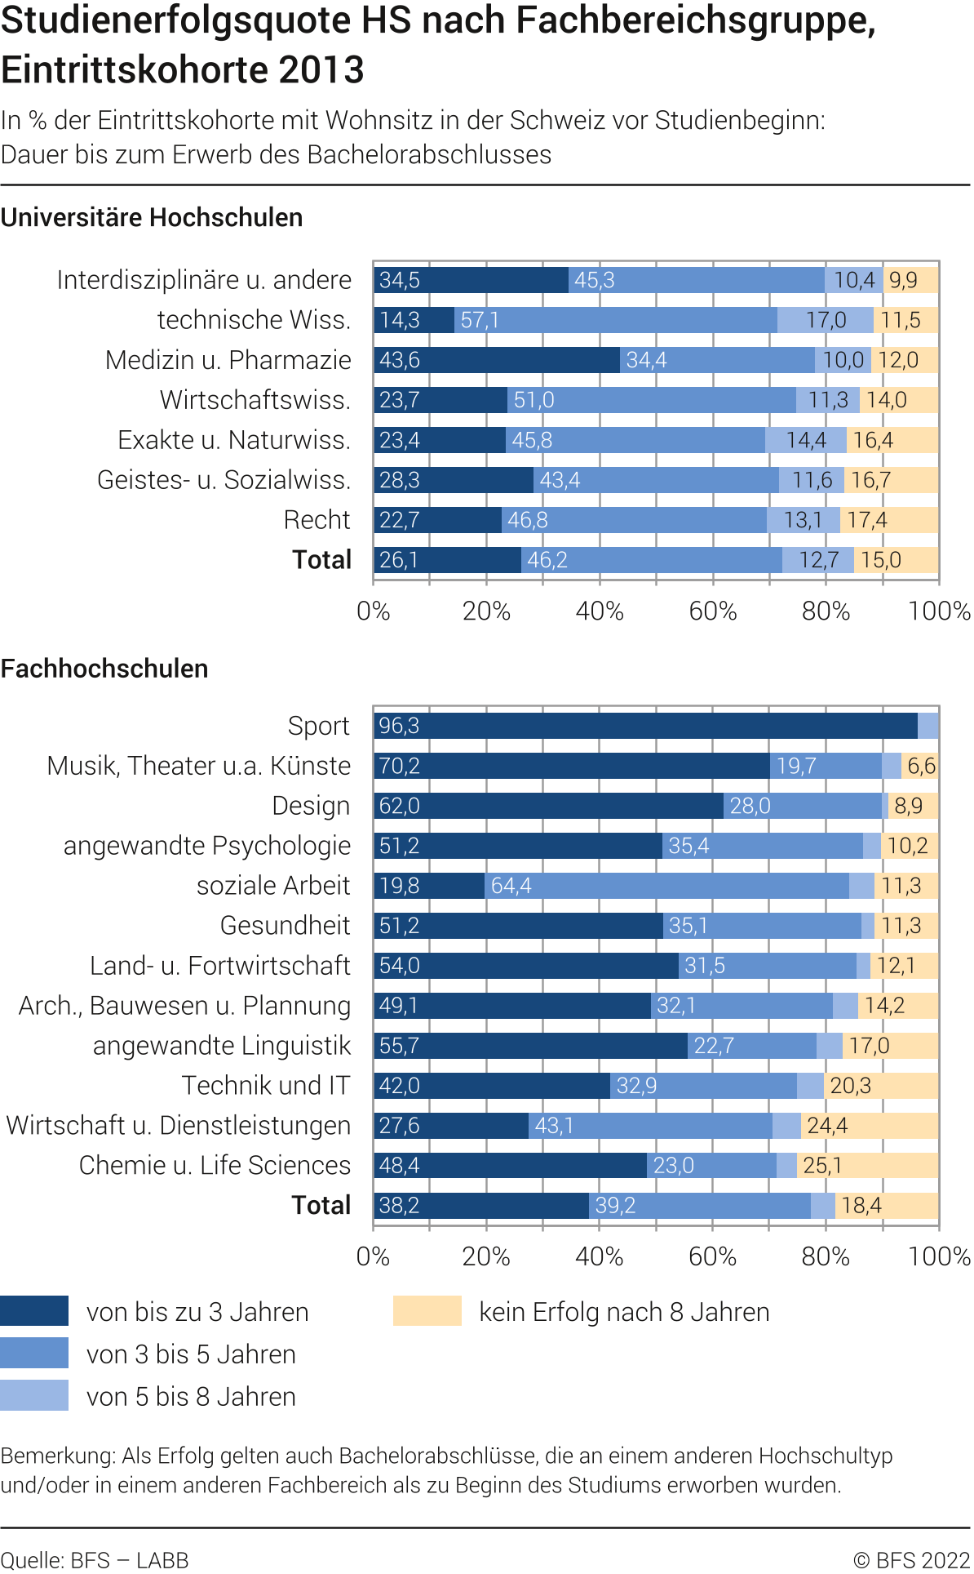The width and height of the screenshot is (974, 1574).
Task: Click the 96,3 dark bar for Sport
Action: pos(644,726)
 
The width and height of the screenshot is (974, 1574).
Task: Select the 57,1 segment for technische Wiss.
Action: pos(616,320)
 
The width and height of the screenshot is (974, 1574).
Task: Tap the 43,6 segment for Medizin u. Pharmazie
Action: pos(496,360)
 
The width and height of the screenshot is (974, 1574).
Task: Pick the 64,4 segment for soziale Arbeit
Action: pos(666,886)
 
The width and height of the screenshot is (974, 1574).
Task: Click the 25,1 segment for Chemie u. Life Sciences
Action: pos(867,1166)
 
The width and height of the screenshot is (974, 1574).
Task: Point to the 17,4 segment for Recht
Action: pos(889,520)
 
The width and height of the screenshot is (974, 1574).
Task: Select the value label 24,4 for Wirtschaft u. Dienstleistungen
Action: pos(827,1126)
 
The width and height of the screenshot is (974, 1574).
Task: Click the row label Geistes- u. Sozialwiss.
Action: pos(224,480)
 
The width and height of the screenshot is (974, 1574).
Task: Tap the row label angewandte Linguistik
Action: pos(221,1046)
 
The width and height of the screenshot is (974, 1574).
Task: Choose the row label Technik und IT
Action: pos(266,1086)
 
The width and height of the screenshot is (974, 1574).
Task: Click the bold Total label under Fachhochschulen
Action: pos(321,1206)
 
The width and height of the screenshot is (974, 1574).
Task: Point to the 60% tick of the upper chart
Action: pos(712,611)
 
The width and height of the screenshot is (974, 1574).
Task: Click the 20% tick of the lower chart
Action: pos(486,1256)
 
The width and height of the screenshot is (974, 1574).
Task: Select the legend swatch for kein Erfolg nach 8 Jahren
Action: pos(427,1311)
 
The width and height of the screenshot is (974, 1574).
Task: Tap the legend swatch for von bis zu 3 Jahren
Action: pos(34,1311)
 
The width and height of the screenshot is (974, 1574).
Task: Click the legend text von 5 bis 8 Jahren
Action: pos(191,1397)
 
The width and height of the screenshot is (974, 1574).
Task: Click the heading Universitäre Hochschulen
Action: pos(152,218)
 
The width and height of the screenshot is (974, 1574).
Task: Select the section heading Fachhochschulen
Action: pos(104,669)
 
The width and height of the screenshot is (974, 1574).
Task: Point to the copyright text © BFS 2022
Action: pos(911,1560)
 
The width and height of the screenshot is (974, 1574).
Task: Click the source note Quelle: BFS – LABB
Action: pos(95,1560)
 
